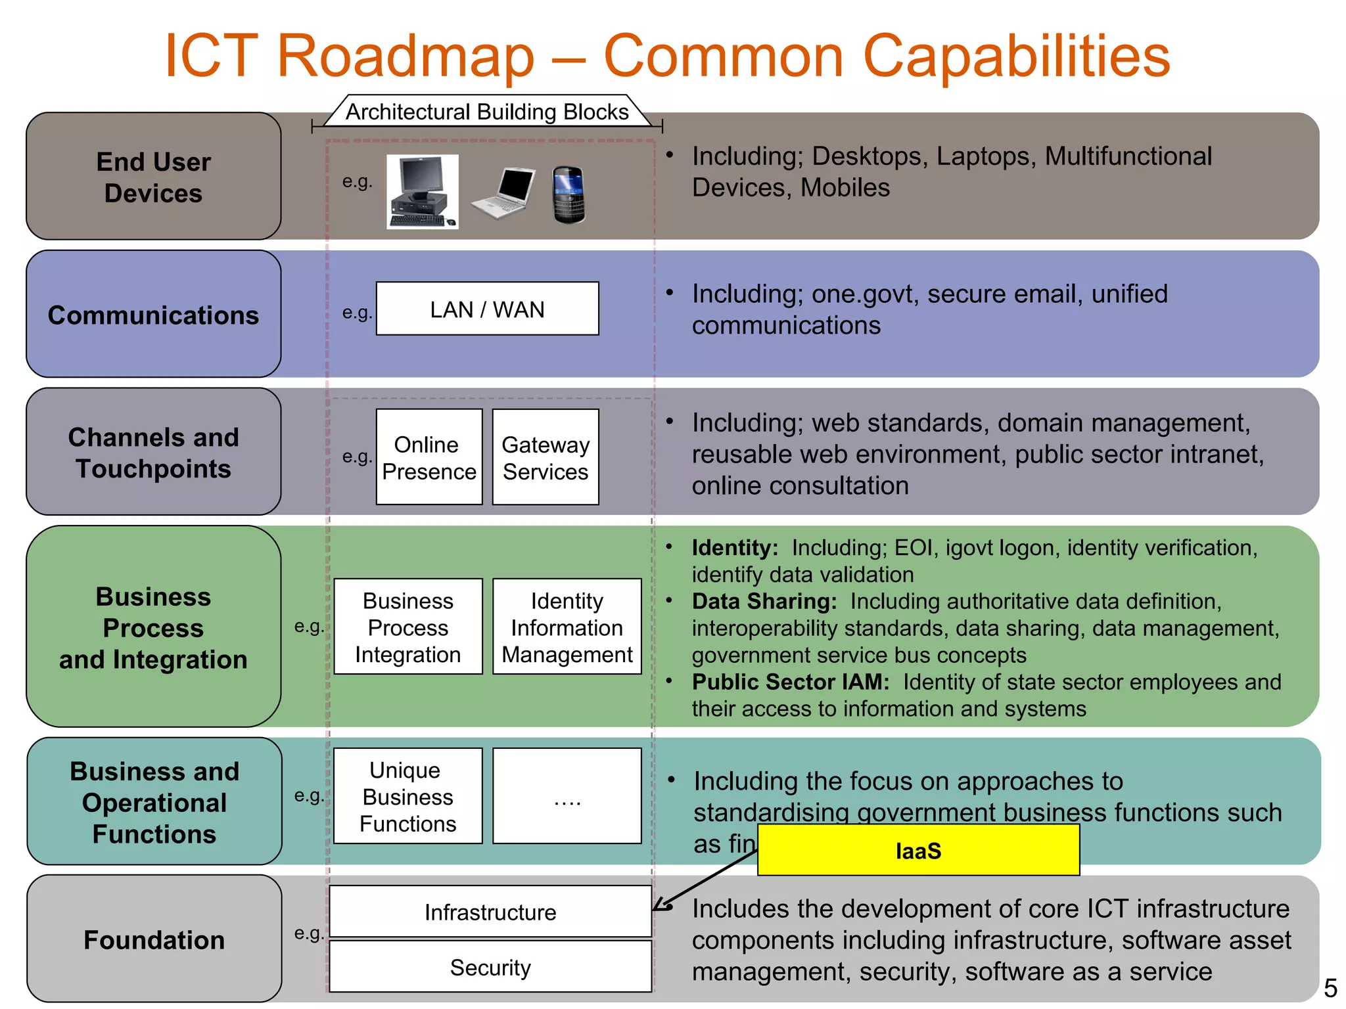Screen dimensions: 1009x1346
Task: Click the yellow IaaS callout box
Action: tap(918, 851)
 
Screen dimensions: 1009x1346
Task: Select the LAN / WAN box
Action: tap(487, 309)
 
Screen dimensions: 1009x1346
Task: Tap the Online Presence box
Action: tap(429, 457)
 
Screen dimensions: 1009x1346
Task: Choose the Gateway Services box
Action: tap(545, 457)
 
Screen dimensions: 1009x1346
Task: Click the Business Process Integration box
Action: tap(407, 627)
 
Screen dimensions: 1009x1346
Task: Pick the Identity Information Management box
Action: tap(567, 627)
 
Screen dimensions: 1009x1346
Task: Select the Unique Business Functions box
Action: tap(407, 796)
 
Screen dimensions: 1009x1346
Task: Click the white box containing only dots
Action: tap(567, 796)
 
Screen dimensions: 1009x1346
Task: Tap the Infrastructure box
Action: tap(490, 912)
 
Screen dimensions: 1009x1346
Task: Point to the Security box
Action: tap(490, 967)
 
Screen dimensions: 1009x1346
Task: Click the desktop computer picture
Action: tap(422, 192)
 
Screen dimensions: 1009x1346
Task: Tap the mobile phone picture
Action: tap(569, 194)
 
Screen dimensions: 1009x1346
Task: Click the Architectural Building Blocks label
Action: tap(487, 112)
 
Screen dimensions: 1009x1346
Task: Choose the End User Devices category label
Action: tap(153, 177)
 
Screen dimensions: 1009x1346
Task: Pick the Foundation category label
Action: tap(154, 939)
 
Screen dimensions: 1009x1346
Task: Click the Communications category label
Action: tap(153, 315)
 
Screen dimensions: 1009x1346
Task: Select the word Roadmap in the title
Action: tap(406, 56)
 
